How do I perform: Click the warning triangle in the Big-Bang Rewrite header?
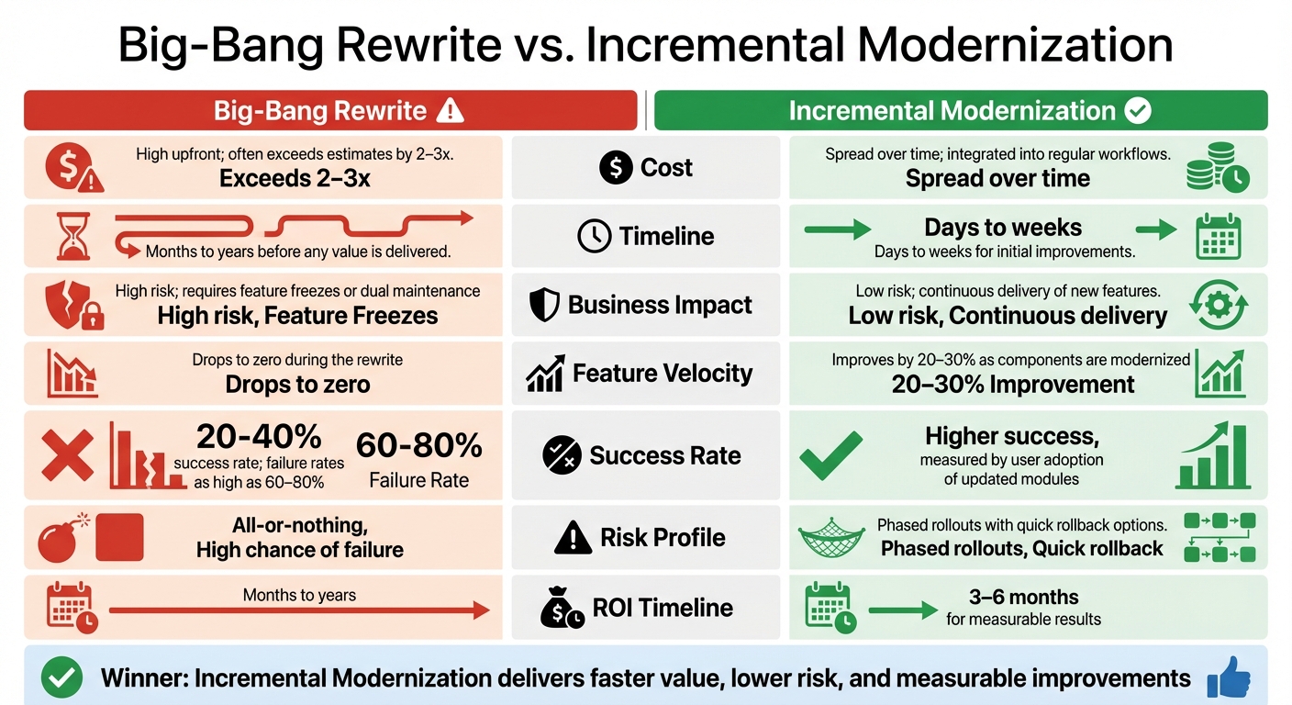(450, 111)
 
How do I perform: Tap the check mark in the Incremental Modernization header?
(1137, 111)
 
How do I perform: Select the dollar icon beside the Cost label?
(615, 168)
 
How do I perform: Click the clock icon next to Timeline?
(594, 237)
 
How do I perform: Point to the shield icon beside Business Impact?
(544, 306)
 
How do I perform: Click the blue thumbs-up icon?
(1229, 677)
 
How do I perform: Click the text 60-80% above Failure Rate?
(418, 445)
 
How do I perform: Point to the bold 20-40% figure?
(259, 434)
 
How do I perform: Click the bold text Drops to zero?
(297, 384)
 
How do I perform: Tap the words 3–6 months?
(1023, 598)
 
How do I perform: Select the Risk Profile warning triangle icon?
(574, 538)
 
